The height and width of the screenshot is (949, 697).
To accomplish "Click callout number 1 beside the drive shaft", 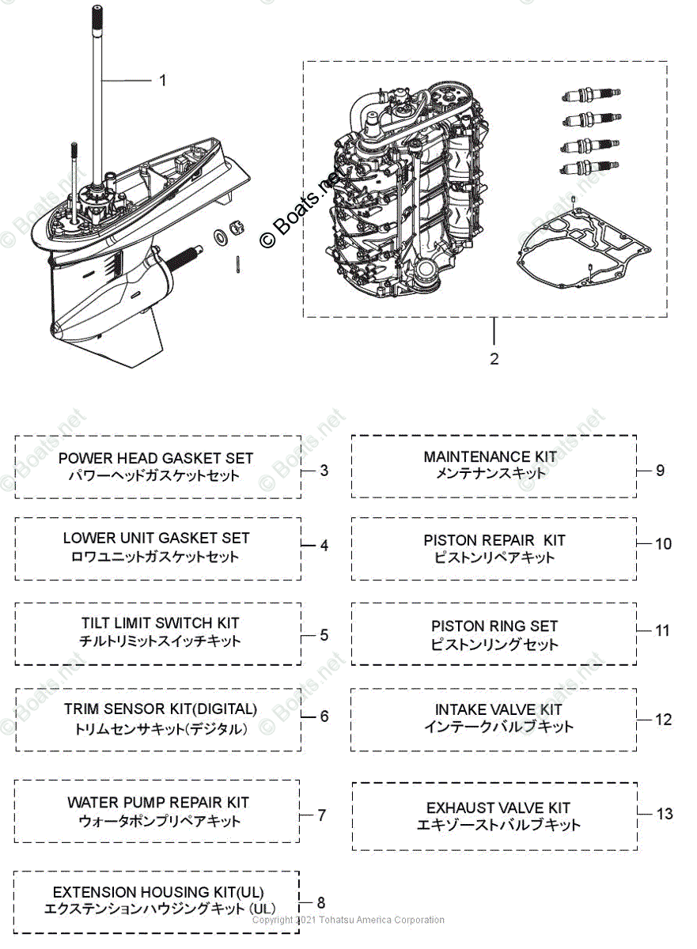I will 163,80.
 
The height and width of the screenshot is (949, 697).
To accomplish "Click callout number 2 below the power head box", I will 494,359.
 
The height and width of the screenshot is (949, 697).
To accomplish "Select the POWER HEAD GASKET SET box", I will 157,467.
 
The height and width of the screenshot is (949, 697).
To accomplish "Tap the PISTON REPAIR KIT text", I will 494,540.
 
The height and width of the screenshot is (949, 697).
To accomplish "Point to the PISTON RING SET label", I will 494,626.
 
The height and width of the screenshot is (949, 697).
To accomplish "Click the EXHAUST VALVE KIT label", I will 498,808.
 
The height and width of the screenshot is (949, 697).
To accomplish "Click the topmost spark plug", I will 589,96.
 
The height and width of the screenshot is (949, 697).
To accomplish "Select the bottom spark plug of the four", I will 589,168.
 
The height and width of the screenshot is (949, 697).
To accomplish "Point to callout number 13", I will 665,814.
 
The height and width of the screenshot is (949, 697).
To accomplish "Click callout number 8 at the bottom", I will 320,902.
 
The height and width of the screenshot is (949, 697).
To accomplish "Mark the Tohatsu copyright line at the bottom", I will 348,920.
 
